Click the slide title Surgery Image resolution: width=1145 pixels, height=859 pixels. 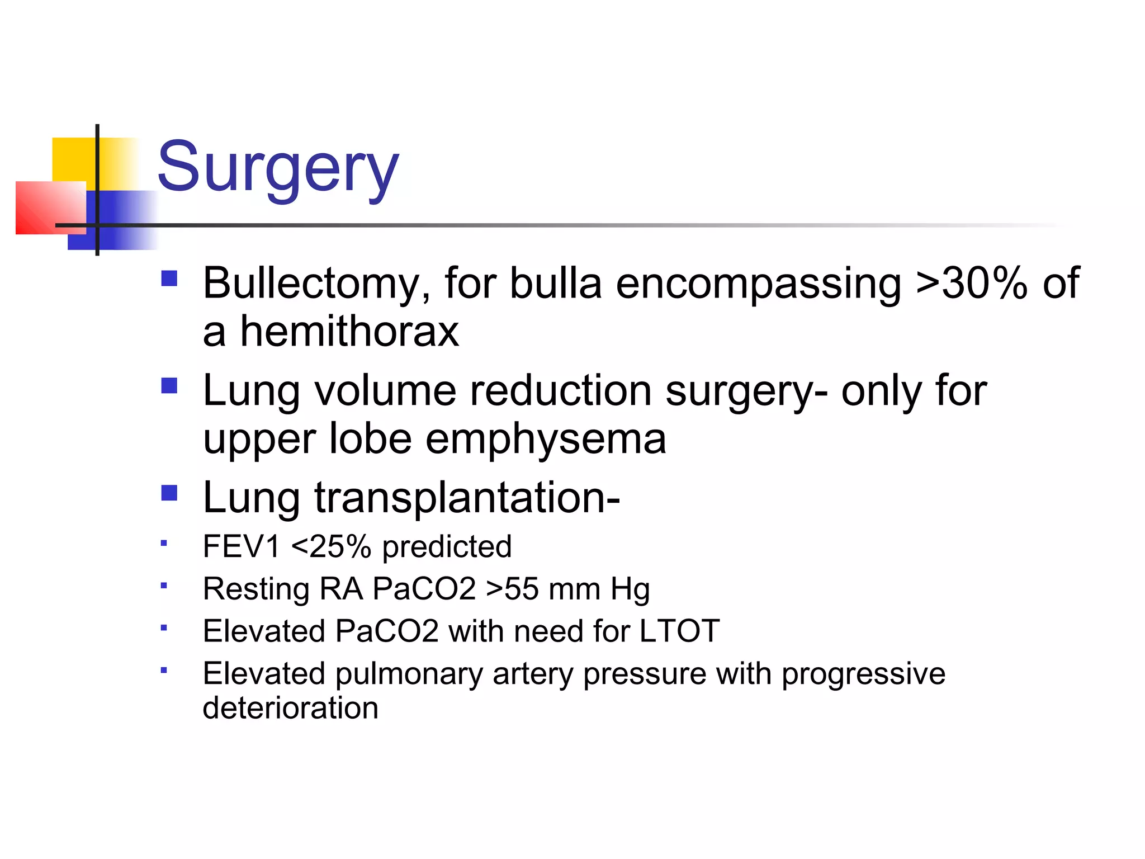tap(278, 168)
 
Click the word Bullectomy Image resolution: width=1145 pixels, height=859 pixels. tap(316, 283)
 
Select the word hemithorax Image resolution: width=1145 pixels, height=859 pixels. tap(349, 331)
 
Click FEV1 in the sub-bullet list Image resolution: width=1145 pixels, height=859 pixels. tap(241, 546)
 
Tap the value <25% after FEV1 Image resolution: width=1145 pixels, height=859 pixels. tap(331, 546)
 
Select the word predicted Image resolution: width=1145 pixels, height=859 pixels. tap(447, 546)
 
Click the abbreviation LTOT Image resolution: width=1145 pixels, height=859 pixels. tap(679, 631)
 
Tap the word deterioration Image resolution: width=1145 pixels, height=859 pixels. tap(290, 707)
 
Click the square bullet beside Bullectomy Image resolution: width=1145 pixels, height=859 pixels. tap(169, 279)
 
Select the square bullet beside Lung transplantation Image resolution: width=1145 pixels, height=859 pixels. tap(169, 493)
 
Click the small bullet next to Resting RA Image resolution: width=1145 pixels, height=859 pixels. tap(164, 586)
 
